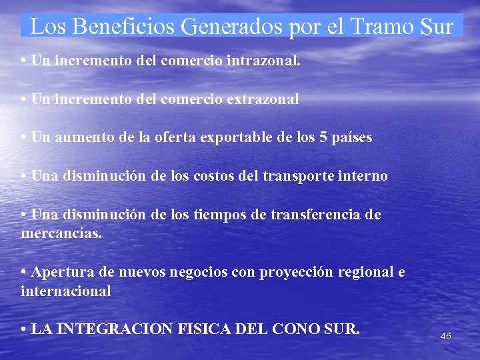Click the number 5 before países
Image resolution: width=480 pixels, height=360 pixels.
(x=324, y=138)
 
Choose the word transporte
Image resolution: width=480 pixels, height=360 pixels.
(x=298, y=177)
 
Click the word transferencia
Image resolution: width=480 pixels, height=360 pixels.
(x=315, y=215)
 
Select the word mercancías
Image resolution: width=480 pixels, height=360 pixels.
(x=61, y=235)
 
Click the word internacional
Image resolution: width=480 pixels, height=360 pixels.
(x=66, y=292)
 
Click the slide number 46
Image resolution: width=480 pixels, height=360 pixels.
(x=446, y=337)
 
